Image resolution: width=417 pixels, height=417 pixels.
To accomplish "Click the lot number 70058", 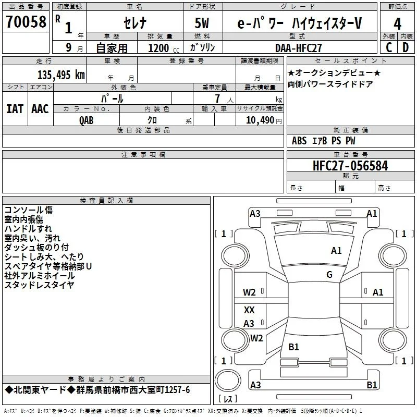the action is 26,22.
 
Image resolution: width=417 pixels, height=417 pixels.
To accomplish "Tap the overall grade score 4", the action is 397,24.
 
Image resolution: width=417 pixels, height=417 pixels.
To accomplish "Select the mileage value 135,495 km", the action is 61,75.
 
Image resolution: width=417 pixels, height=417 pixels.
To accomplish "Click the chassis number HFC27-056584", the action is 350,166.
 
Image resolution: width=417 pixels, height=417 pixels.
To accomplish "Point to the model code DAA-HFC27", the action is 298,48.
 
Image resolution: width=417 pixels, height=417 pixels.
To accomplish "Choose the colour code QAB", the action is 87,120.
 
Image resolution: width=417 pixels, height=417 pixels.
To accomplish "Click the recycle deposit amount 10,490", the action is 260,120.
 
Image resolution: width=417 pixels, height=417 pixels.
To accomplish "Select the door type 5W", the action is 202,23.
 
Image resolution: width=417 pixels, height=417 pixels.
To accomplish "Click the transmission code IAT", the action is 15,109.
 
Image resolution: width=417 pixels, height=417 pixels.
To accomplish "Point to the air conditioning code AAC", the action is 40,109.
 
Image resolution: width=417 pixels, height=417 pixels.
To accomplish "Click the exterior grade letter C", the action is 389,47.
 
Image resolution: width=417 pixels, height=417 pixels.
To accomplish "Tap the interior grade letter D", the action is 406,47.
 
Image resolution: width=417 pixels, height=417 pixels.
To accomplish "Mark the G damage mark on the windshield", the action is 329,274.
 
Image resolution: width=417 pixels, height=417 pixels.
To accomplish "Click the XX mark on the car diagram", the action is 249,310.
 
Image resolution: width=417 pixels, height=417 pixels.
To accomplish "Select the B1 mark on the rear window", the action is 293,347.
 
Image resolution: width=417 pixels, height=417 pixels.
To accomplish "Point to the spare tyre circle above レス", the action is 228,381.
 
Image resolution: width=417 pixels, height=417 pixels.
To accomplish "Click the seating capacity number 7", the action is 217,99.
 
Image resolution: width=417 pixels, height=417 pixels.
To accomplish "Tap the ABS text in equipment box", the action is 299,141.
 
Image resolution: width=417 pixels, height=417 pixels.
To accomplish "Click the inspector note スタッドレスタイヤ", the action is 39,285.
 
